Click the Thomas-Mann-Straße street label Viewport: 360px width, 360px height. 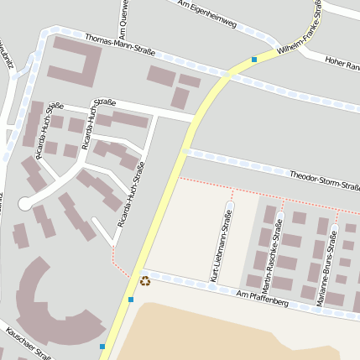(120, 45)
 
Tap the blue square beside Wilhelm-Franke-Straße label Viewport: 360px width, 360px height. (253, 59)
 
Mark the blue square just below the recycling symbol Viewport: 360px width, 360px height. (131, 300)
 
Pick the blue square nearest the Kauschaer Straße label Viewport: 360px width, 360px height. (102, 347)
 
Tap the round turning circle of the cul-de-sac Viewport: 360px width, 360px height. (25, 203)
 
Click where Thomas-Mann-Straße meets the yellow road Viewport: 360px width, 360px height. (225, 75)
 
